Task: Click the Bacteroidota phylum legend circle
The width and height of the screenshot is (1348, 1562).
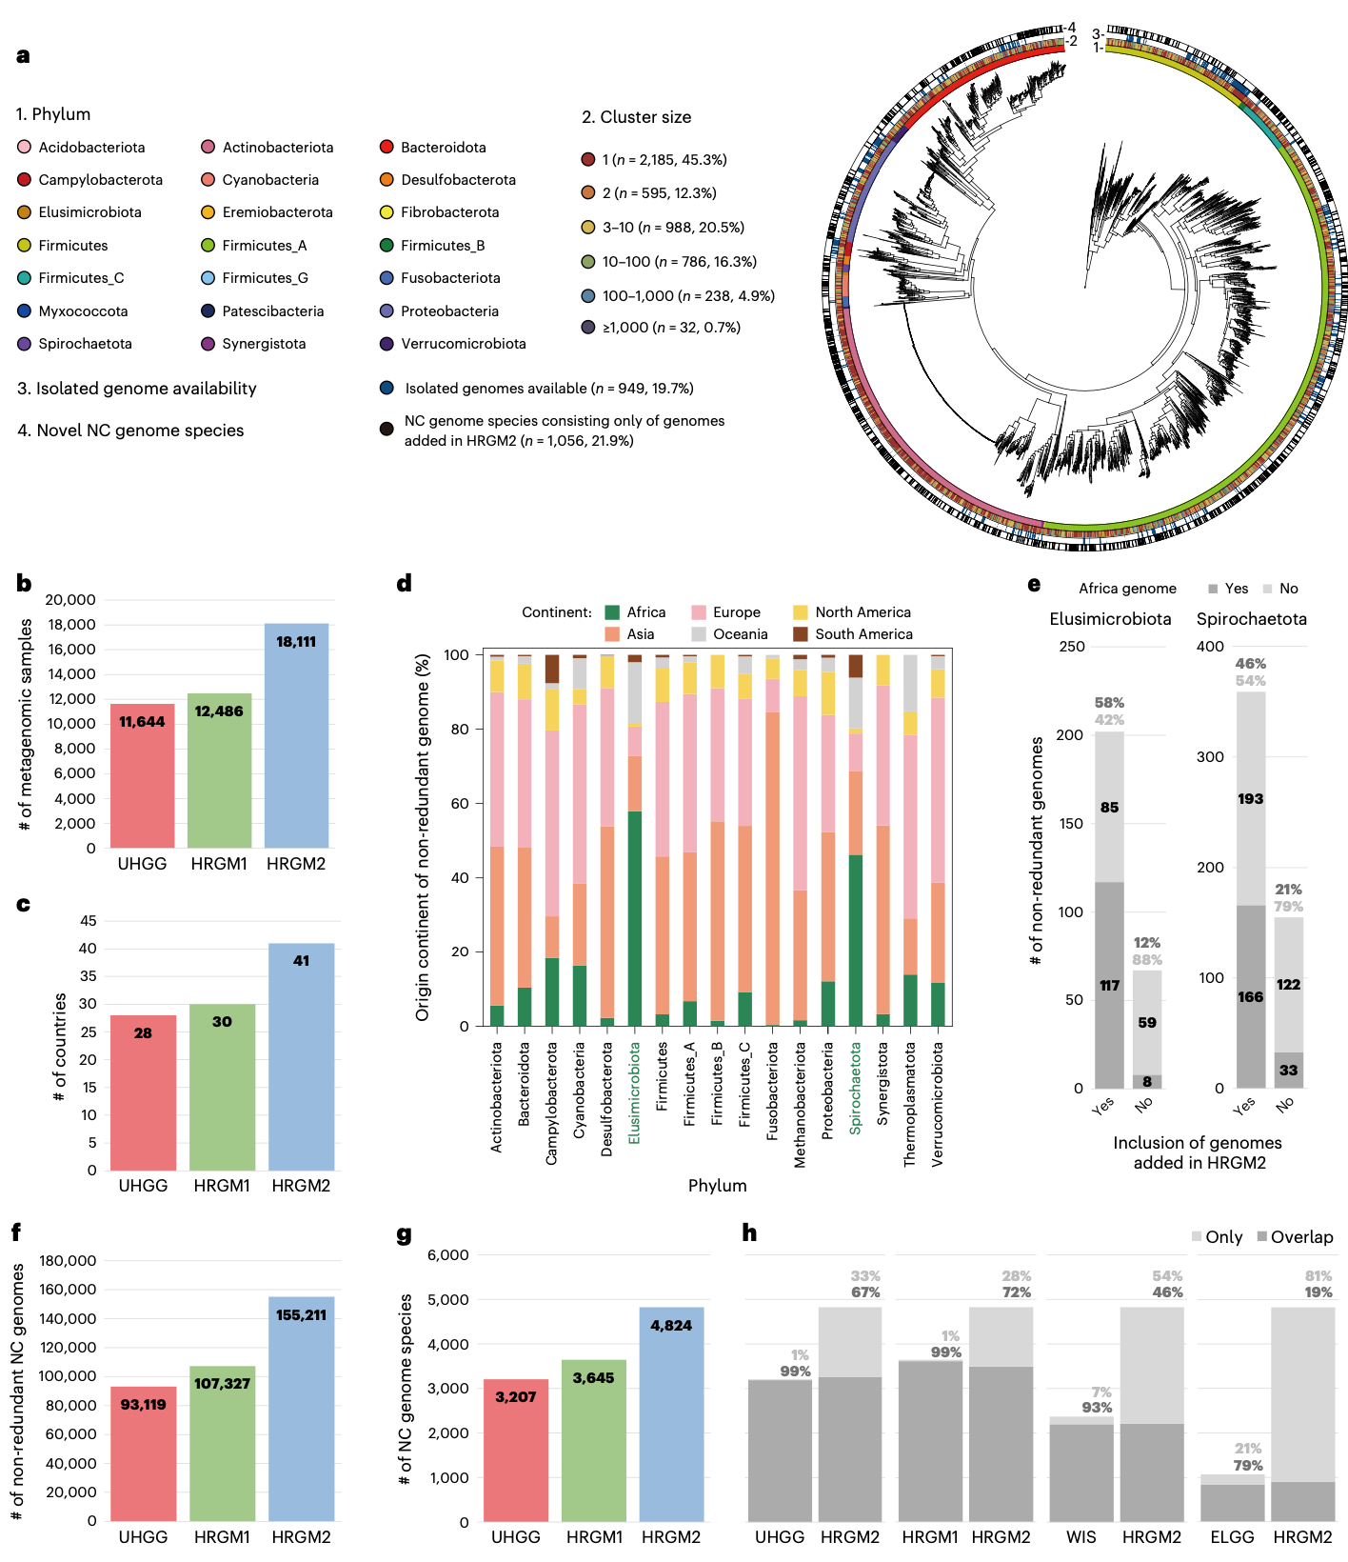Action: pos(387,147)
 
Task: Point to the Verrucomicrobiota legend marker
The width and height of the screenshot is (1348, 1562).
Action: pos(387,344)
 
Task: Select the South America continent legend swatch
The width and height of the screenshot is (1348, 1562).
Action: pos(801,634)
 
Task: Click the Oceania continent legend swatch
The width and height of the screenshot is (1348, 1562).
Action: pos(699,634)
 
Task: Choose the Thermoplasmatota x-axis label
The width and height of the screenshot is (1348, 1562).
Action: pos(910,1103)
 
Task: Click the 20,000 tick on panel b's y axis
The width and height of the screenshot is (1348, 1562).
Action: pos(70,600)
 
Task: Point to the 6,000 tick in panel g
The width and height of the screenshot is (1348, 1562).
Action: pos(448,1255)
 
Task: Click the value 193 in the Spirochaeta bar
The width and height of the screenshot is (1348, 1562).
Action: pos(1250,799)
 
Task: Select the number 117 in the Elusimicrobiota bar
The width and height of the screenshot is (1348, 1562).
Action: pos(1109,986)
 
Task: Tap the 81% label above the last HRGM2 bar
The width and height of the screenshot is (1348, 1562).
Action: pos(1318,1276)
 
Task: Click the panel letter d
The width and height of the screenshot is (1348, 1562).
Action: pos(405,583)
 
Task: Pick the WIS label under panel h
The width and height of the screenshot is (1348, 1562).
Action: pos(1080,1537)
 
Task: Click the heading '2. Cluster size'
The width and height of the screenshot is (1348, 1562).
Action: pos(636,117)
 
